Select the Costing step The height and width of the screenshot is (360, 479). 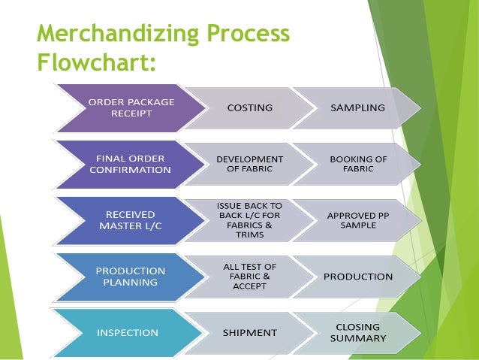(x=250, y=107)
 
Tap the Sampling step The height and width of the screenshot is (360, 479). (x=357, y=107)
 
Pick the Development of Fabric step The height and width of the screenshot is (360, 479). (x=250, y=164)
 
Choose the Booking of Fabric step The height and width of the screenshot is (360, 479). (x=357, y=164)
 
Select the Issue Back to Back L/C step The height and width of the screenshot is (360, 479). (x=249, y=220)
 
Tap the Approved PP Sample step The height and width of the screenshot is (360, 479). (x=357, y=220)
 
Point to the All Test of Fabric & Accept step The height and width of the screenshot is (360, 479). (x=249, y=276)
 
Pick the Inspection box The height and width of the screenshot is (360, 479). (x=127, y=332)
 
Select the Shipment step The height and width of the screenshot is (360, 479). (x=250, y=332)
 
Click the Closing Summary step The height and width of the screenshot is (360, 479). (x=357, y=332)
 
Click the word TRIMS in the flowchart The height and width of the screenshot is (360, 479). (x=249, y=235)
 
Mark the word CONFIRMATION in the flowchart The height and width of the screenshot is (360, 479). (x=130, y=170)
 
